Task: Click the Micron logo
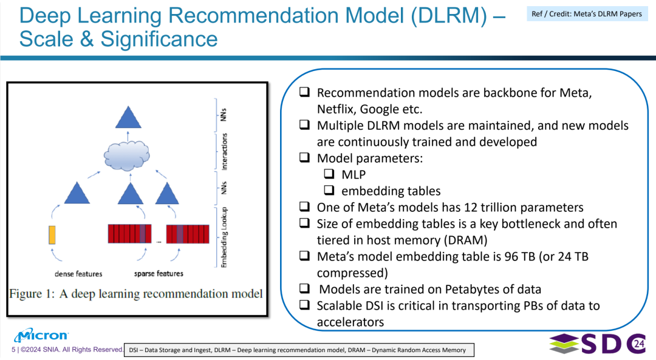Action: [x=41, y=335]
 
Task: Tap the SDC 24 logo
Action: [x=598, y=344]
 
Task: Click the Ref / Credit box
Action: [x=587, y=14]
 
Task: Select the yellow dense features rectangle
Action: [x=52, y=234]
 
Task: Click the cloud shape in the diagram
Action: [x=127, y=155]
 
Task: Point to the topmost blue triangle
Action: [x=128, y=117]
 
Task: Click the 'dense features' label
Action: [x=78, y=274]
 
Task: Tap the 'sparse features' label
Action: [x=159, y=273]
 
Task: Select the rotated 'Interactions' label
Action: [x=224, y=151]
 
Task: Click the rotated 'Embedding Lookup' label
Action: [x=224, y=237]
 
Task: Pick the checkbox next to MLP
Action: [x=329, y=174]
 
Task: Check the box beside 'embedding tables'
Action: [x=329, y=190]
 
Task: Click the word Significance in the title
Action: [x=159, y=39]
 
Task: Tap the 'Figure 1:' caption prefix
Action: [x=32, y=294]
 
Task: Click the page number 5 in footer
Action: [x=13, y=350]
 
